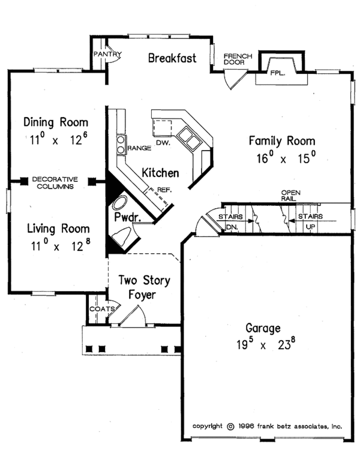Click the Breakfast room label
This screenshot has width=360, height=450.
coord(173,58)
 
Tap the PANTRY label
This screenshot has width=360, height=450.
coord(107,54)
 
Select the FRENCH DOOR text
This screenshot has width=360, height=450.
coord(238,59)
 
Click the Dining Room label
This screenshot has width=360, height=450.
coord(55,122)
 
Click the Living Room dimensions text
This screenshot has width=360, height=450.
coord(59,246)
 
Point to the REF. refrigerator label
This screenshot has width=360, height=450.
coord(164,190)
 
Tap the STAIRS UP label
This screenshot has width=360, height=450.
coord(310,221)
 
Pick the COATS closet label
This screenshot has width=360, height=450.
coord(98,309)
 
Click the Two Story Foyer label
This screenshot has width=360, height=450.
coord(143,287)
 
